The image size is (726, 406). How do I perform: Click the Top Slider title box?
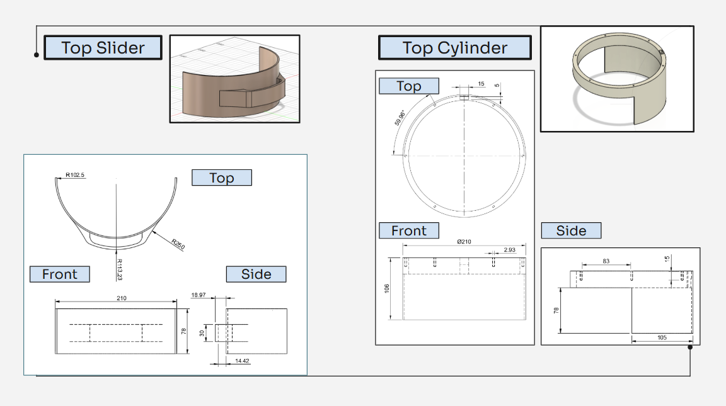pos(103,48)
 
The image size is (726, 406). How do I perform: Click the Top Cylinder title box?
pos(454,48)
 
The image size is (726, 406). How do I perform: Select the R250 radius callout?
pos(177,244)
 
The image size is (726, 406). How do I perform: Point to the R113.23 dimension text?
pos(119,268)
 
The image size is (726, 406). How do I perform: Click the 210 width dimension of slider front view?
pos(122,298)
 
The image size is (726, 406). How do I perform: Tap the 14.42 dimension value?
pos(241,361)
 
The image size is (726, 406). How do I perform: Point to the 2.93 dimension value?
pos(510,250)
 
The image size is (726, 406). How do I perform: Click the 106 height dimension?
pos(388,288)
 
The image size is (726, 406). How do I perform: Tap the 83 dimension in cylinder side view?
pos(606,261)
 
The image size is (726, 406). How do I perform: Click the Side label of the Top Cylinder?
pos(571,230)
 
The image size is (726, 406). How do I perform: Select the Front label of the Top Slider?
pos(59,274)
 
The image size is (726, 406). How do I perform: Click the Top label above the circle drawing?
pos(408,86)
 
